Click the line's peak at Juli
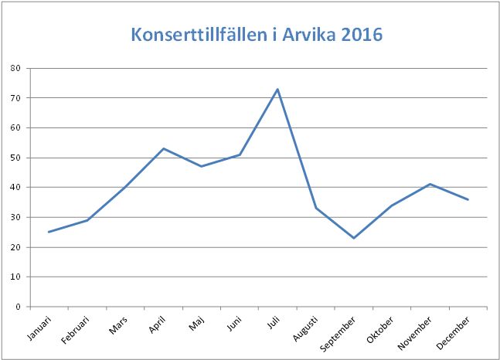tap(277, 89)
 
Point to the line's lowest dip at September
tap(353, 238)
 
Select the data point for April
tap(163, 148)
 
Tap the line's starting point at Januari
tap(49, 232)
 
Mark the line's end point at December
tap(468, 199)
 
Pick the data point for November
tap(430, 184)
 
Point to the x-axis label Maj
tap(197, 325)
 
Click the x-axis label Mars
tap(119, 327)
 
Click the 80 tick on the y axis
tap(15, 68)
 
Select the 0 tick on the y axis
tap(17, 307)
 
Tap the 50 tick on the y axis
tap(15, 158)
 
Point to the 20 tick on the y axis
tap(15, 247)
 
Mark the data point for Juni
tap(240, 155)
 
